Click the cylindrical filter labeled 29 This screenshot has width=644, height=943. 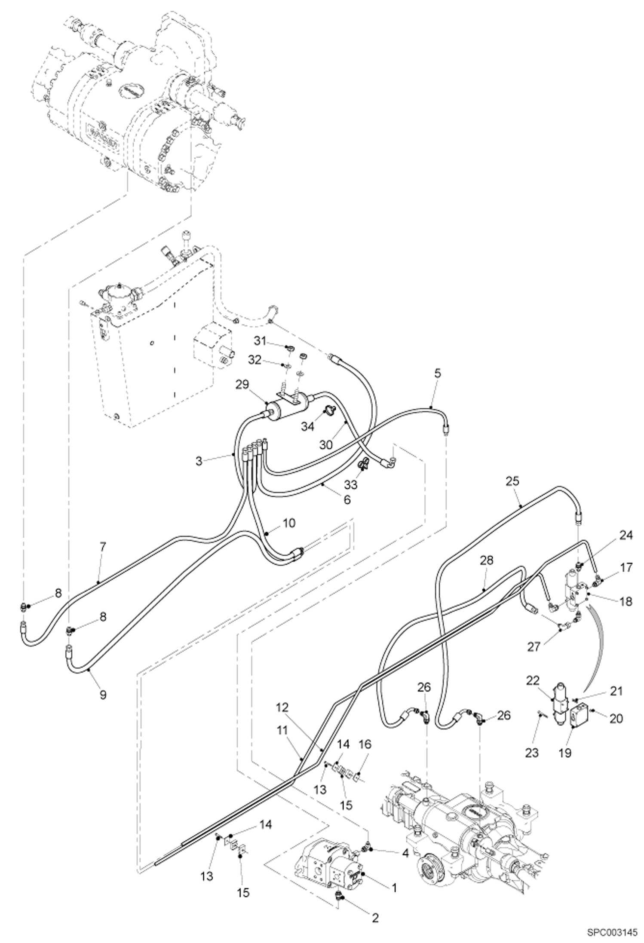click(x=285, y=405)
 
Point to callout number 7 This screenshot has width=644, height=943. click(x=102, y=547)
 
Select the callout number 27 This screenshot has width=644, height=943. click(x=534, y=646)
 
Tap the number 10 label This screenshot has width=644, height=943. click(x=289, y=523)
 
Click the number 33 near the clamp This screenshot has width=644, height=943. click(x=351, y=485)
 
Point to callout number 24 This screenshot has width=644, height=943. click(x=626, y=536)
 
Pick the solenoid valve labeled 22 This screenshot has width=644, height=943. click(x=559, y=705)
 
